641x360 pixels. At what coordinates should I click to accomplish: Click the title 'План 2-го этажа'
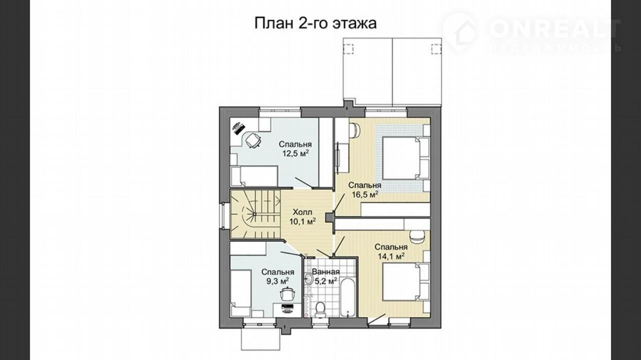click(315, 23)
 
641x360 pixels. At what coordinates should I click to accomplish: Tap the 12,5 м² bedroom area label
click(295, 153)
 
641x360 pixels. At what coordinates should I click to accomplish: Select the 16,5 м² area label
click(365, 195)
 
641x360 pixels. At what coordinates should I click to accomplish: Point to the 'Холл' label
click(302, 212)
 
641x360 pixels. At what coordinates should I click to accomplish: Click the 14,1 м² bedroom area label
click(391, 256)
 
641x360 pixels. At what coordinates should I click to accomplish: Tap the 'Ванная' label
click(326, 271)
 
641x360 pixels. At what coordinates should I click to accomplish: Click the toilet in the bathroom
click(319, 309)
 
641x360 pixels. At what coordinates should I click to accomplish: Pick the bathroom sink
click(308, 278)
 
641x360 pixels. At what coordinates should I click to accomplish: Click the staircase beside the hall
click(255, 214)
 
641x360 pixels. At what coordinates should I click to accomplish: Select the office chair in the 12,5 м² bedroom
click(253, 140)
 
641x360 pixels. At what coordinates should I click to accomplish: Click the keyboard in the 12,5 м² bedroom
click(238, 129)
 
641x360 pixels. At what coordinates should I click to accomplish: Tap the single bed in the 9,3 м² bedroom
click(241, 293)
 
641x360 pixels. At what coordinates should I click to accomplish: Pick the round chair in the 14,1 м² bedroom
click(418, 236)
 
